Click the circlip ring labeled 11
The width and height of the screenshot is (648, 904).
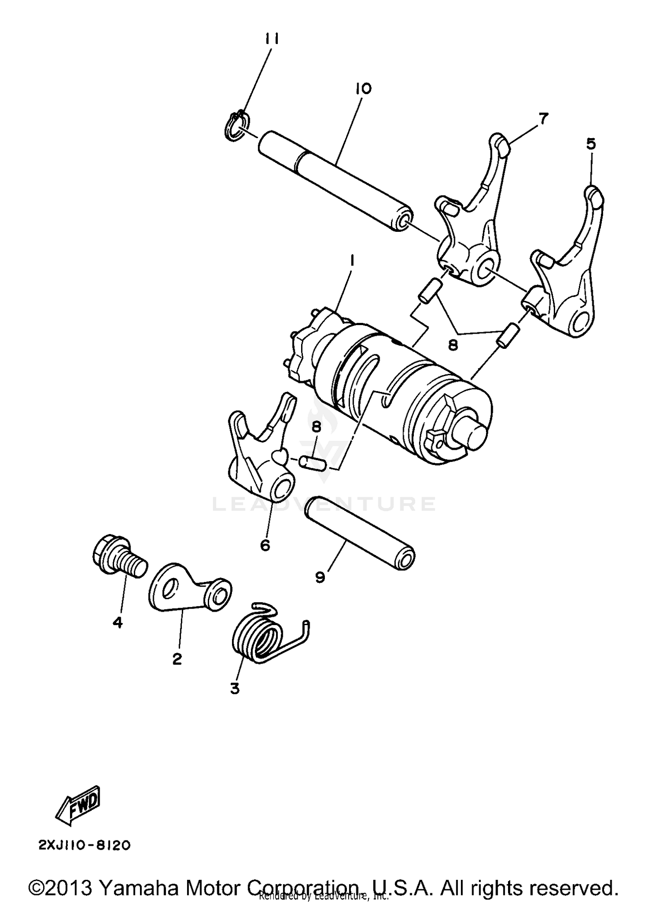click(235, 126)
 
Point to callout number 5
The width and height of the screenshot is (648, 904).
click(591, 144)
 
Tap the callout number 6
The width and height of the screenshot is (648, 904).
click(265, 545)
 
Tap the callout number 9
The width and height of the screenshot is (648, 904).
click(320, 577)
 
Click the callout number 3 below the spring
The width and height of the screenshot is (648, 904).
click(235, 688)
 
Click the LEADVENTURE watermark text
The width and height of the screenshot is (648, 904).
click(324, 504)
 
